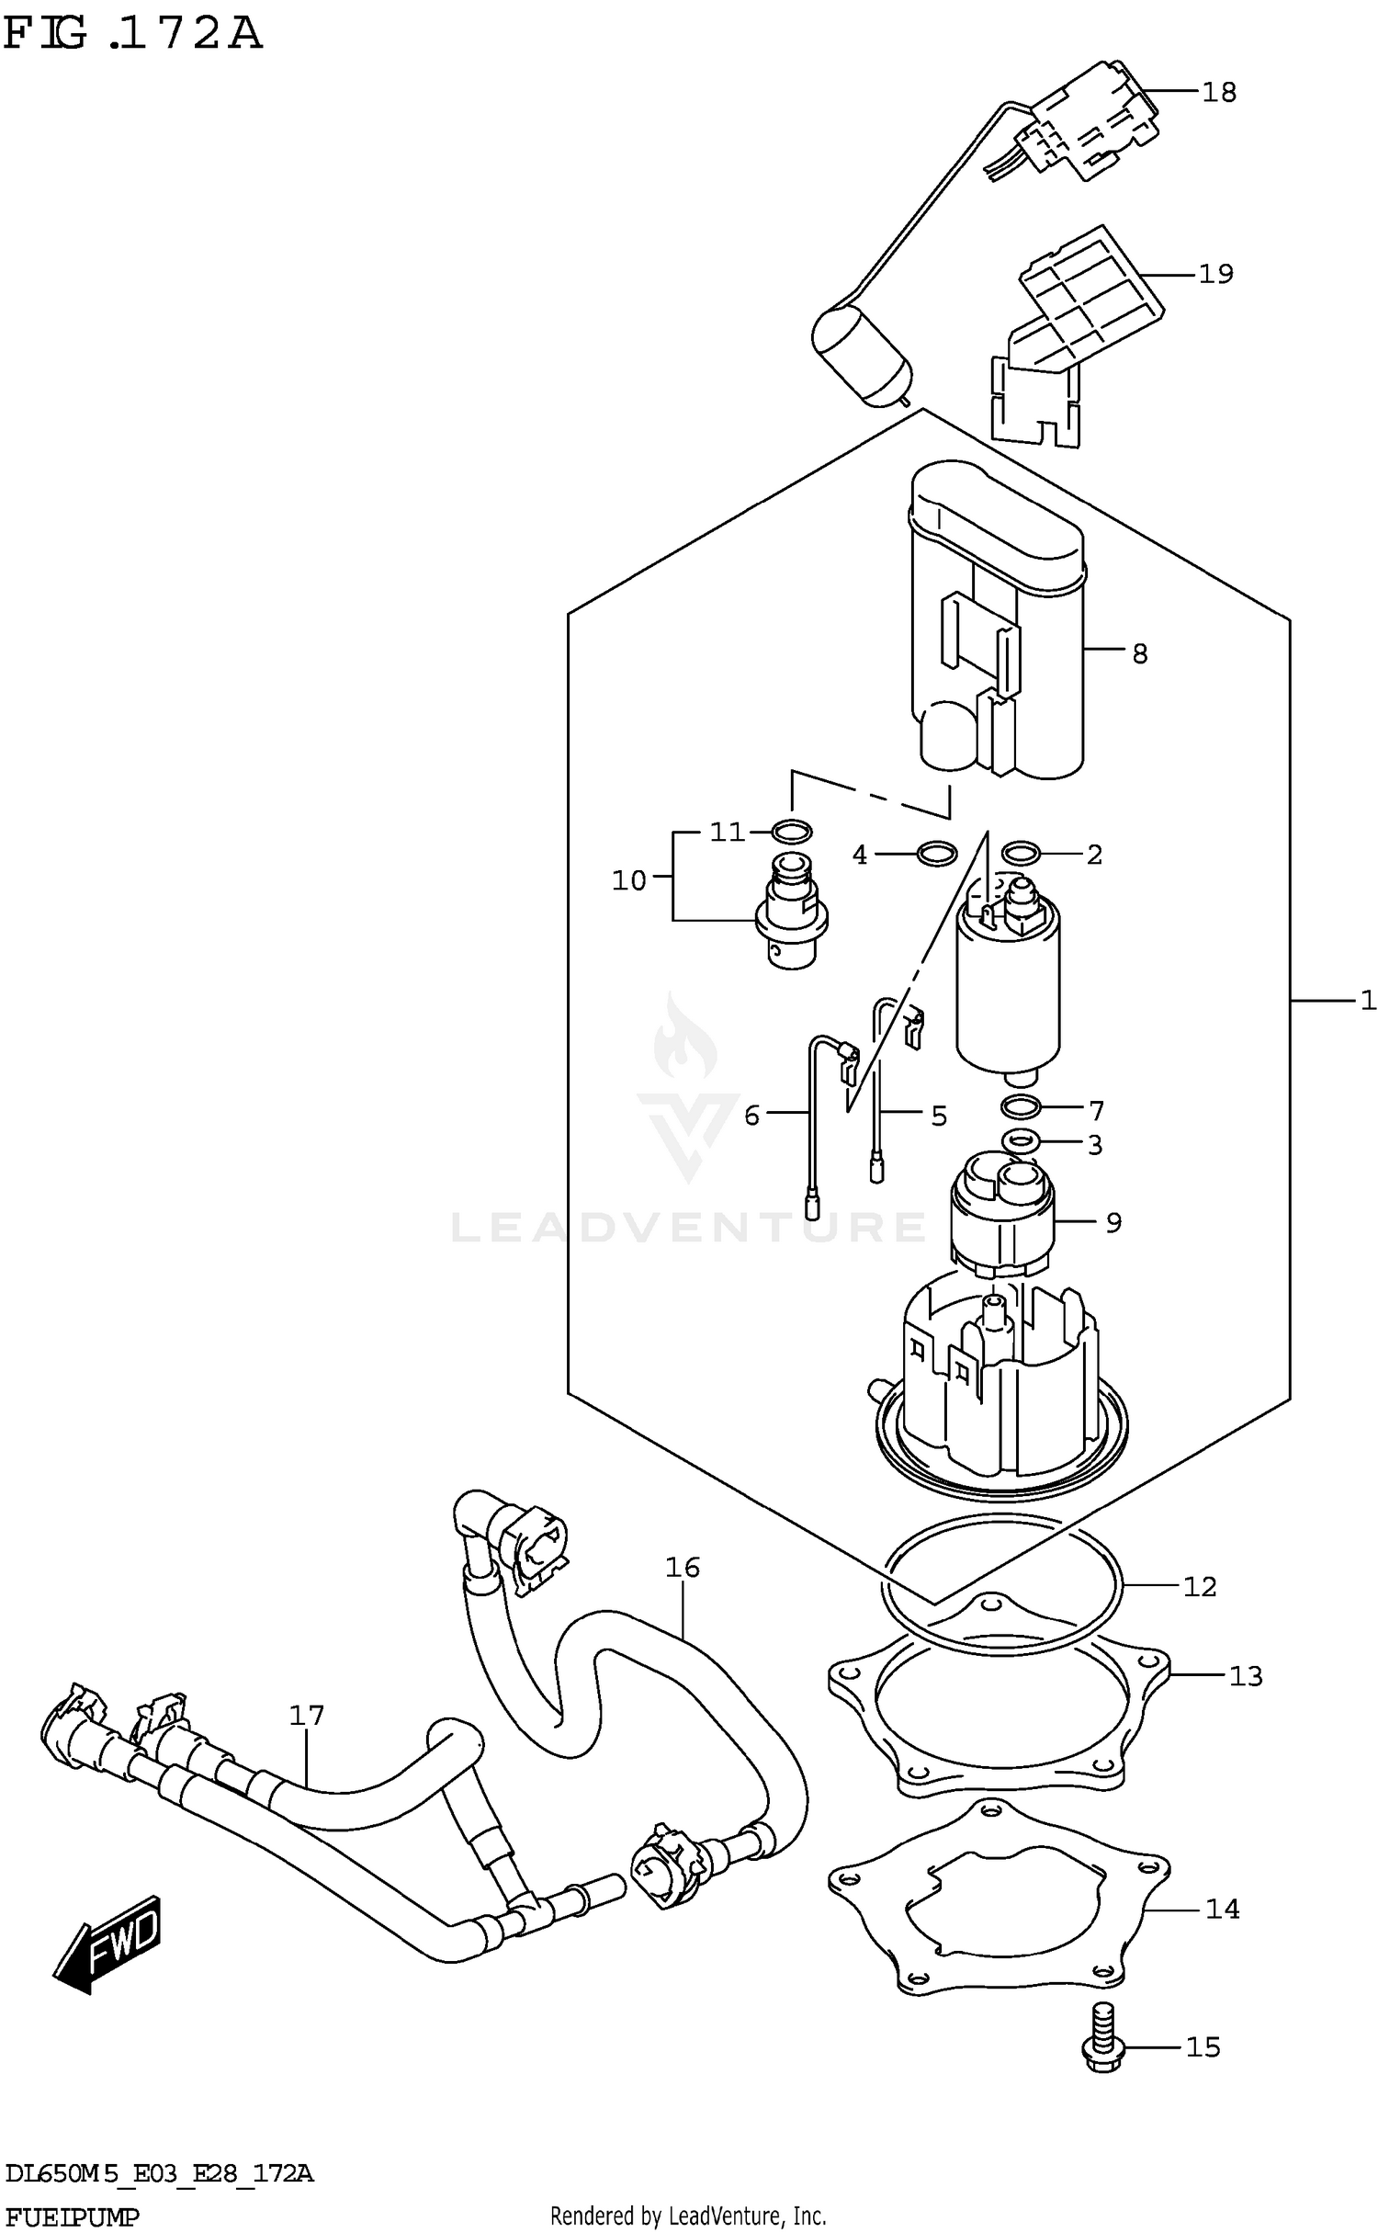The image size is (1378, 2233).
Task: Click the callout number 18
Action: [1219, 93]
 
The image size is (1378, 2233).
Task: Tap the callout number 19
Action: [1216, 274]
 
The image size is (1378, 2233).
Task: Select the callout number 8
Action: [1139, 654]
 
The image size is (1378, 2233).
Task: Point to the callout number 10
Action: [629, 881]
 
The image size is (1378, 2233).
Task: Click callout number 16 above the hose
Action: [683, 1568]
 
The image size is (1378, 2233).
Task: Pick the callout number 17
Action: [307, 1716]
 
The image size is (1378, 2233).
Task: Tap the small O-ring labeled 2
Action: [1021, 854]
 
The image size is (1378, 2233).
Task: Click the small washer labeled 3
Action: [1020, 1141]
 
